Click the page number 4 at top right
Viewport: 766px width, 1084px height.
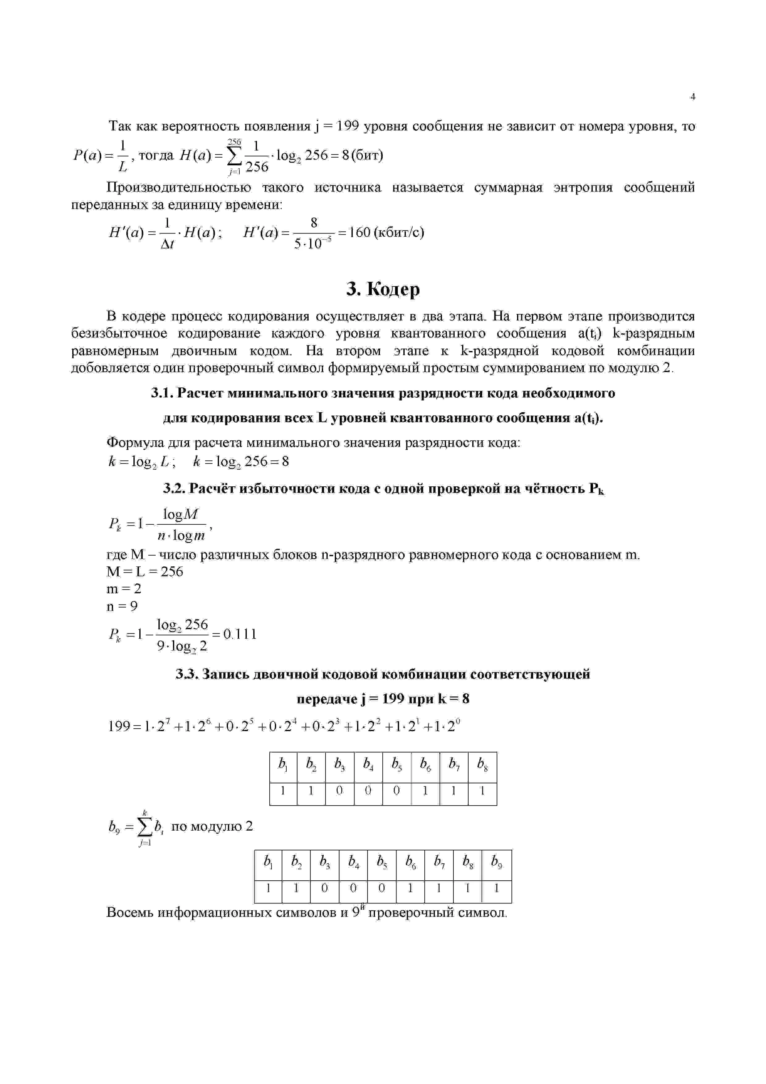click(692, 97)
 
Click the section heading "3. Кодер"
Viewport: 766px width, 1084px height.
click(383, 289)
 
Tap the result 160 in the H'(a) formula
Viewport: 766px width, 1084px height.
click(358, 232)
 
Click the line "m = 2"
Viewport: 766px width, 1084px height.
click(124, 589)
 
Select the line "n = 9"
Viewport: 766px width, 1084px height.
click(122, 606)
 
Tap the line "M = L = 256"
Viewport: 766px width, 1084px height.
click(145, 572)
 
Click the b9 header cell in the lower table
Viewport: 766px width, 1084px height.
click(496, 862)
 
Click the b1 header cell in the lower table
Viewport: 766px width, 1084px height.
click(268, 862)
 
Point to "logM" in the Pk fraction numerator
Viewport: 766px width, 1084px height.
click(181, 514)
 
